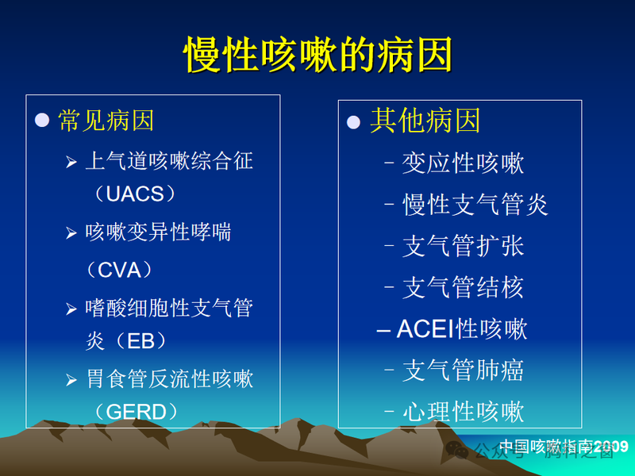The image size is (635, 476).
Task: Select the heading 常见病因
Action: tap(106, 121)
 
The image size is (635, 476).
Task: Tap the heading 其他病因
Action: tap(425, 121)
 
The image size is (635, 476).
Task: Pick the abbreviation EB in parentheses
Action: tap(140, 341)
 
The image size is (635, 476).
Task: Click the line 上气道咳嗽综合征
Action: tap(169, 162)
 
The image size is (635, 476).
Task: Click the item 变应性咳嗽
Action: tap(463, 164)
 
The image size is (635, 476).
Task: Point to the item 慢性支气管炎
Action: tap(475, 205)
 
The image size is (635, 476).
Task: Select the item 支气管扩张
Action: tap(463, 247)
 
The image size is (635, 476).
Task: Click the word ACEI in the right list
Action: tap(425, 329)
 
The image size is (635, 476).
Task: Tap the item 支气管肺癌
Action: tap(463, 370)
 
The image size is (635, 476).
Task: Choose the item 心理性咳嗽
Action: tap(463, 412)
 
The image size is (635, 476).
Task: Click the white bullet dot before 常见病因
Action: tap(42, 121)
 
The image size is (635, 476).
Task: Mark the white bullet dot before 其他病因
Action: tap(354, 122)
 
